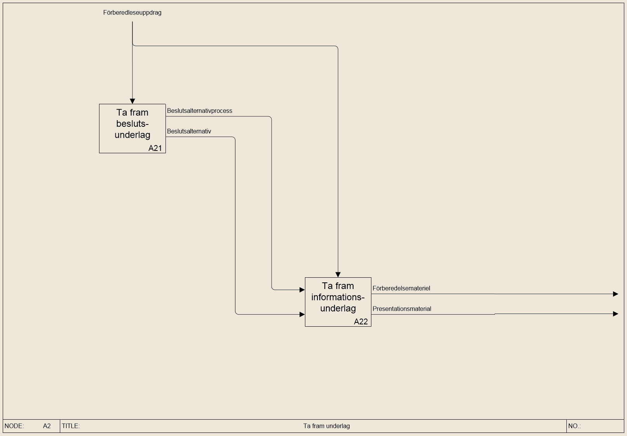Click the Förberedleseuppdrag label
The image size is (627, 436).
click(132, 12)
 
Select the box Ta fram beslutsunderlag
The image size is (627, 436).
click(132, 129)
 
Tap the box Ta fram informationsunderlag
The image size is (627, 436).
click(338, 302)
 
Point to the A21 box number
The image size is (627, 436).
click(155, 148)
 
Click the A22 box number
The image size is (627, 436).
click(361, 321)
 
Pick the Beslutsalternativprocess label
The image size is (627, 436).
click(200, 111)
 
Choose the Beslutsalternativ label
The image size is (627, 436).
click(189, 131)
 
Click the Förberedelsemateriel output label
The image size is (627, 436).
click(401, 288)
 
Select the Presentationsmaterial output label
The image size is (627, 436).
click(402, 309)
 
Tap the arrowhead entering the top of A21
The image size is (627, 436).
click(132, 101)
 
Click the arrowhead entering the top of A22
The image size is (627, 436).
click(338, 275)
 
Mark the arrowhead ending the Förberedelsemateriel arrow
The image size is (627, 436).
click(615, 294)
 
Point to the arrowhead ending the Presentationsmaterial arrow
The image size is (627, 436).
click(615, 314)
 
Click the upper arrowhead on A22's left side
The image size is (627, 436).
click(302, 289)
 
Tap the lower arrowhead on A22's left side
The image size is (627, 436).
click(302, 314)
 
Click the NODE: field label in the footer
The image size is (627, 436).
click(14, 426)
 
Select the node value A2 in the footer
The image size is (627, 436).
click(47, 426)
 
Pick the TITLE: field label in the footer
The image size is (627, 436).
click(71, 426)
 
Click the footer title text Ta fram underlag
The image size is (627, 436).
click(326, 426)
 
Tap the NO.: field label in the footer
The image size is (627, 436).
click(575, 426)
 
